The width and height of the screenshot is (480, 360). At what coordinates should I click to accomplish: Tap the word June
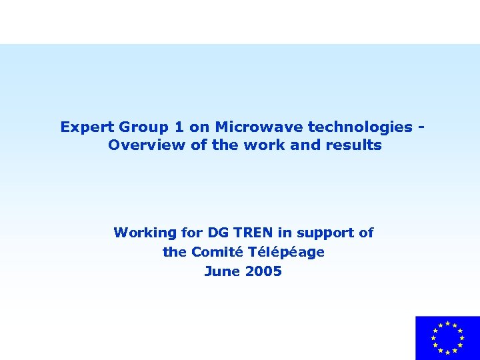click(221, 271)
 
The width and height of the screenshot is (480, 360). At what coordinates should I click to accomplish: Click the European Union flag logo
click(447, 338)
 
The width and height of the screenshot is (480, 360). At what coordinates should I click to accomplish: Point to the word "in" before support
click(285, 233)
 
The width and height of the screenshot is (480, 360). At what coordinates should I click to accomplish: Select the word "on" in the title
click(197, 127)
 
